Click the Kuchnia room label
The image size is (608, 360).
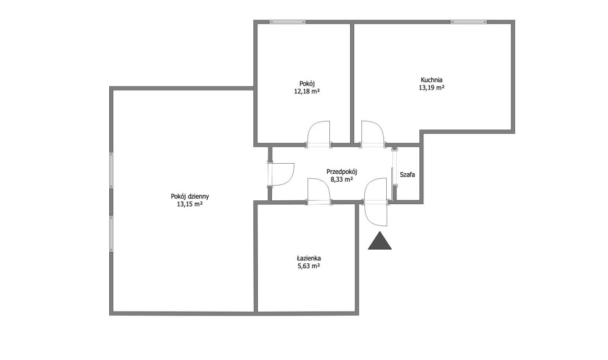(432, 80)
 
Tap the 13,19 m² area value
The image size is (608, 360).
(432, 88)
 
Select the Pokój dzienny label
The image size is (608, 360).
(190, 196)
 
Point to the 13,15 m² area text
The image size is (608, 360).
(190, 204)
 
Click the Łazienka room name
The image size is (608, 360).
(309, 259)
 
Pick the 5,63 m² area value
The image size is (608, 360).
(309, 266)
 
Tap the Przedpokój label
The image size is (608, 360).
(342, 172)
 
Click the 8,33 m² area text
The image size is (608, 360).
(342, 179)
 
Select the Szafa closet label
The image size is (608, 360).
(408, 175)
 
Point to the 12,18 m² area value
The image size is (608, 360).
(307, 92)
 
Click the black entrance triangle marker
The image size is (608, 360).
(379, 241)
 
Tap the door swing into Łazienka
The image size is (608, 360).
(318, 191)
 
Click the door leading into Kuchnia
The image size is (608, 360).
(372, 134)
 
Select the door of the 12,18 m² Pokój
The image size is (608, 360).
(318, 134)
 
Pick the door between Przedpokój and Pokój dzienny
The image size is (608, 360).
(281, 175)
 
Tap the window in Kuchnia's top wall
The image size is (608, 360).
(469, 22)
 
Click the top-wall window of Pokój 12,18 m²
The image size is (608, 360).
(288, 22)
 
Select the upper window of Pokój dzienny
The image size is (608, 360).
(111, 170)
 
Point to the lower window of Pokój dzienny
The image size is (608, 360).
(111, 234)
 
